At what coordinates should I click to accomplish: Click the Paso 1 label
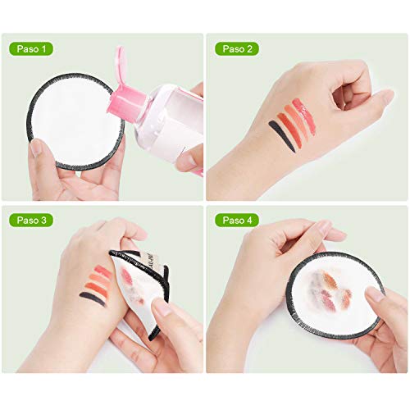click(31, 49)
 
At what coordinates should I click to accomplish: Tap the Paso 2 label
click(237, 49)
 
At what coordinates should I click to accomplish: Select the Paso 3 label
click(31, 220)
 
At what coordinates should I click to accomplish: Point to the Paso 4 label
click(237, 220)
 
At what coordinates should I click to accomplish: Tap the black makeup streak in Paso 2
click(282, 135)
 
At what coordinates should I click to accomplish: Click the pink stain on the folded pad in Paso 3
click(126, 276)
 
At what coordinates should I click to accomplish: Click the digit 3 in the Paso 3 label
click(43, 221)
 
